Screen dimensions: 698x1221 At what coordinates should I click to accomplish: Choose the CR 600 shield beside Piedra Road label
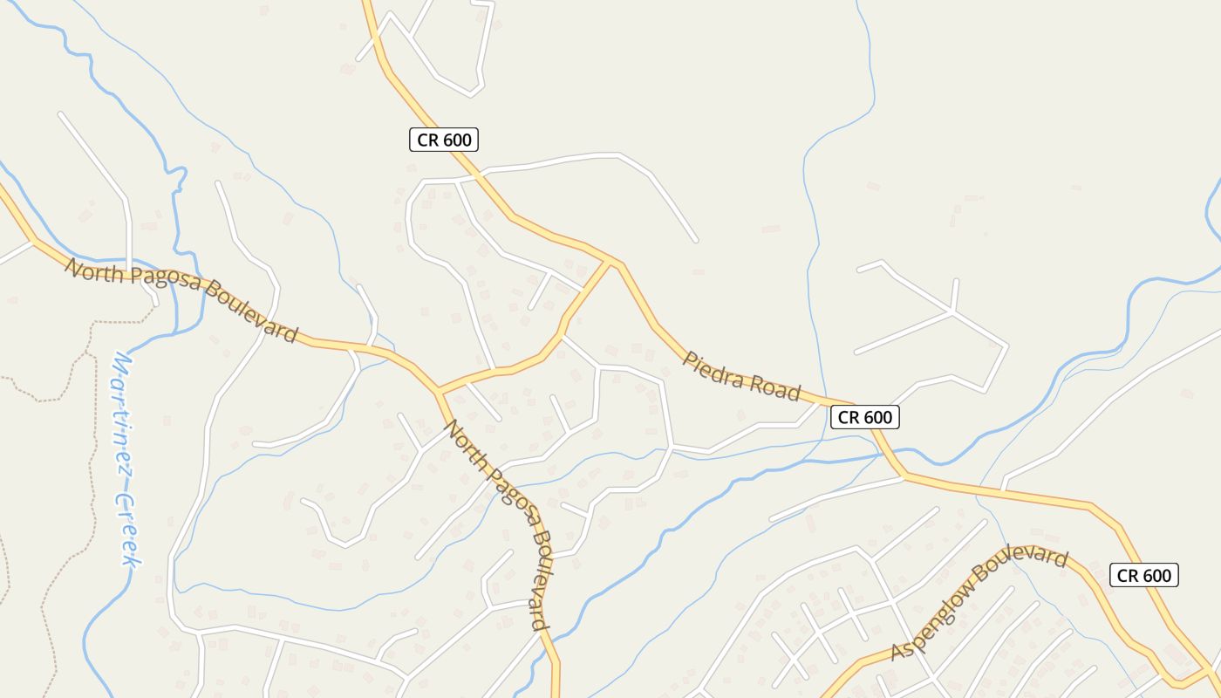(x=864, y=418)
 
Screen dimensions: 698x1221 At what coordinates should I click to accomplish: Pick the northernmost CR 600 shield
(x=444, y=140)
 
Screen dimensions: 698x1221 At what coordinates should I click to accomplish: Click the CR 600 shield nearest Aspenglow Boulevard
(x=1144, y=576)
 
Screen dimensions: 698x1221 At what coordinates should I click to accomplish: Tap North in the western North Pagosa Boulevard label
(x=96, y=271)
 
